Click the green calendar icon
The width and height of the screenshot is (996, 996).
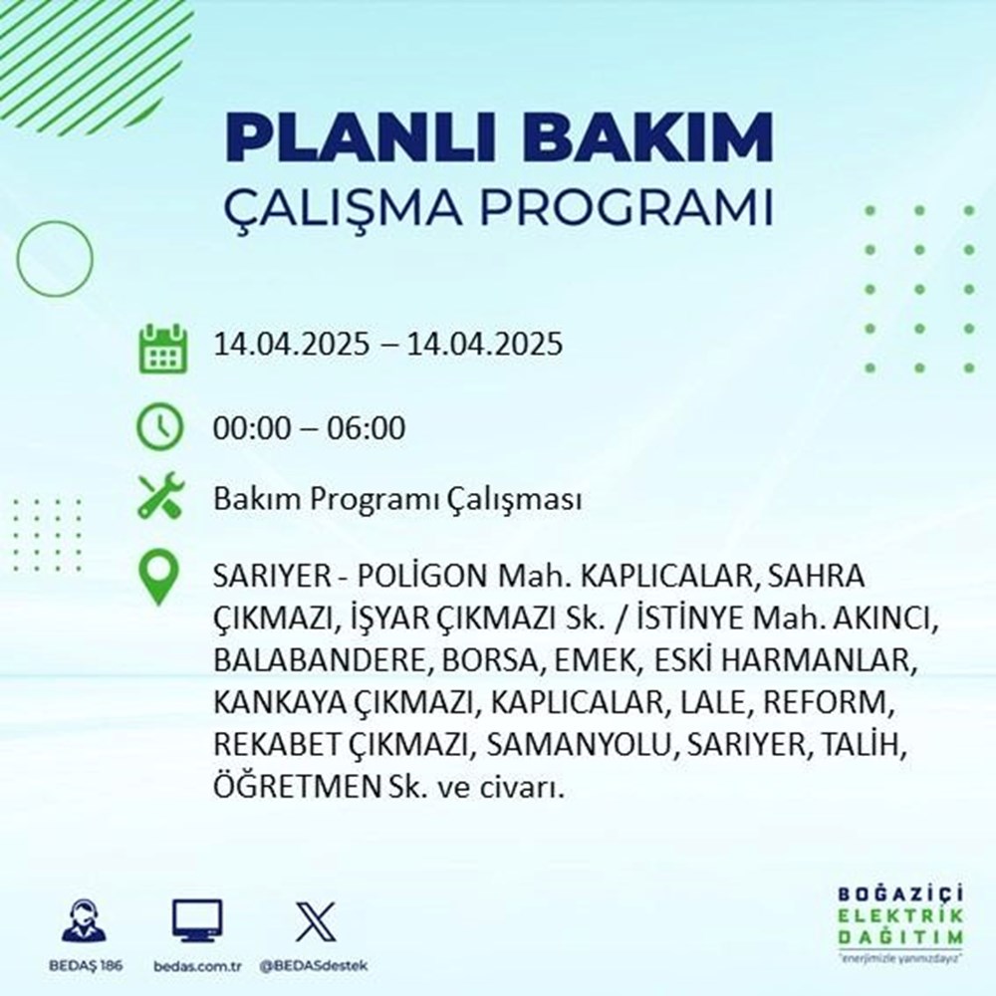159,347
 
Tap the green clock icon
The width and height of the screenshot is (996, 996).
159,427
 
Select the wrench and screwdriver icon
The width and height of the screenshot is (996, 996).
159,497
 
